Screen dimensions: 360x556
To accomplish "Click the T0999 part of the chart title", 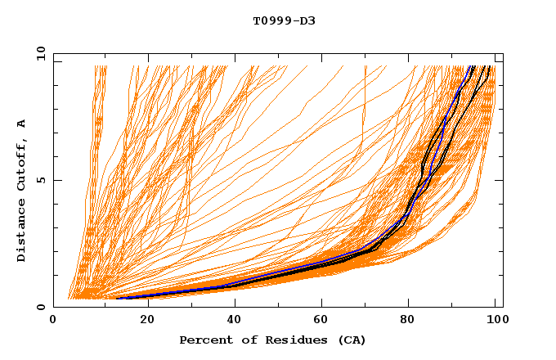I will coord(270,20).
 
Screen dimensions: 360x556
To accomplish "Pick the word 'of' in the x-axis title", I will coord(242,340).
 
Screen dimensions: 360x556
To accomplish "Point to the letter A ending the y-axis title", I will coord(21,123).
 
